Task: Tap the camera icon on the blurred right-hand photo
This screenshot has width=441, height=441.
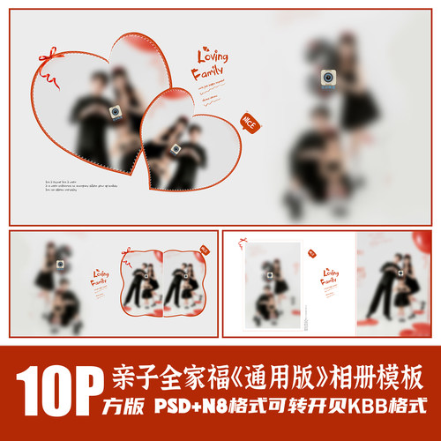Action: tap(327, 77)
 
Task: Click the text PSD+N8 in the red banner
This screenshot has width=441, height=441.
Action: tap(192, 411)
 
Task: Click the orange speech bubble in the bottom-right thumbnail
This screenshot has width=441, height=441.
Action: tap(312, 253)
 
